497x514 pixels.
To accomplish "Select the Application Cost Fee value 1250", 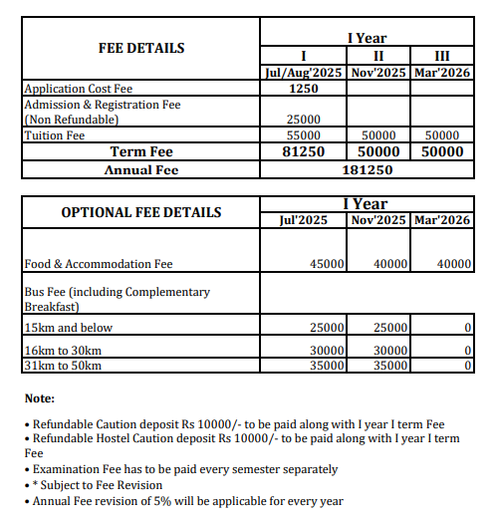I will [303, 89].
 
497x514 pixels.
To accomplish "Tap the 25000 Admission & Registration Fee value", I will [303, 120].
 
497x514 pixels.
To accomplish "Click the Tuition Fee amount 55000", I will [303, 135].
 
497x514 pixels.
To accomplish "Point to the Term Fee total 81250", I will [303, 152].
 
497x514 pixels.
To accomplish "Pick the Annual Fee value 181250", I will [368, 170].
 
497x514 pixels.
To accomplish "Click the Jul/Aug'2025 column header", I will [303, 73].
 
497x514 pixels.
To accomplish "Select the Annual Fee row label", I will [140, 170].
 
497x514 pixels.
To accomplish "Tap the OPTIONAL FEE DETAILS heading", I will [140, 212].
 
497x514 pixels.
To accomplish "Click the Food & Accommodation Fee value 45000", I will [327, 264].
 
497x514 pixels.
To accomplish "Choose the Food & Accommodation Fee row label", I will [99, 264].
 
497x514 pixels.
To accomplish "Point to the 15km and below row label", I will [68, 328].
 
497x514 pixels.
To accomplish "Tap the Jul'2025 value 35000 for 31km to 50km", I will [327, 366].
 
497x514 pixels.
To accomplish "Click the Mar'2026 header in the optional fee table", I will [441, 219].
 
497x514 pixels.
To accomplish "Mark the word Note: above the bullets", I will [39, 398].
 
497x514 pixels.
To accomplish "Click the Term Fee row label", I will [140, 152].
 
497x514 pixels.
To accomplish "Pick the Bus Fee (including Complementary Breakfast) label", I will [117, 299].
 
